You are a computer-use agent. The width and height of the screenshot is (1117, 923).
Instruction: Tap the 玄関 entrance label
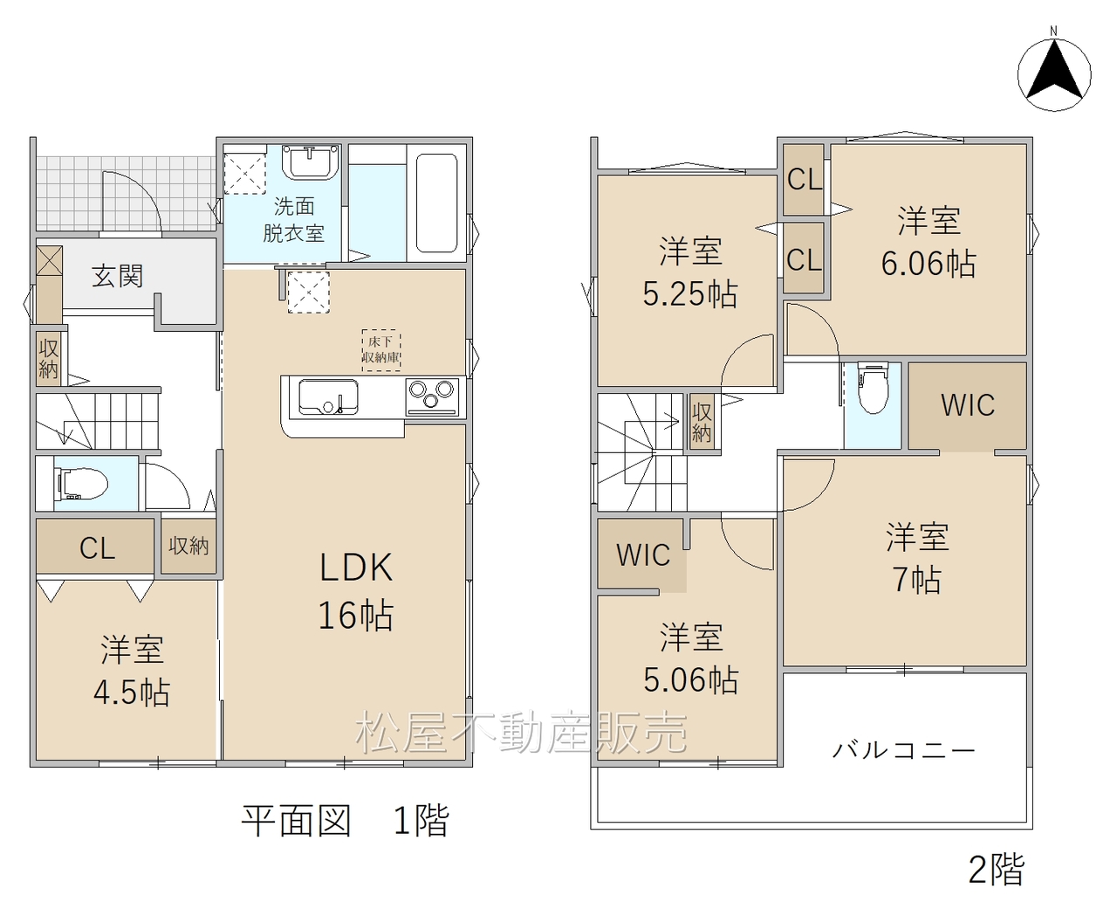coord(117,276)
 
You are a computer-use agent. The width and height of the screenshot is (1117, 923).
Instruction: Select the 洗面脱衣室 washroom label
coord(294,219)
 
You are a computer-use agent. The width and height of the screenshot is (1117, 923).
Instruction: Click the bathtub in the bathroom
coord(436,203)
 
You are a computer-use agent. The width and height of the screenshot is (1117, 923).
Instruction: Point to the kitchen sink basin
coord(328,396)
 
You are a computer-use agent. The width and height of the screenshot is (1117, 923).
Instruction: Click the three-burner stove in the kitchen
coord(432,396)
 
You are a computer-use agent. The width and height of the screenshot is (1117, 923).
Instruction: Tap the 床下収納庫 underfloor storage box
coord(381,350)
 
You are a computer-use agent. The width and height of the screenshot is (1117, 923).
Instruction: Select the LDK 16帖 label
coord(356,590)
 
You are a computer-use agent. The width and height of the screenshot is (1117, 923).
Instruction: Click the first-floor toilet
coord(80,484)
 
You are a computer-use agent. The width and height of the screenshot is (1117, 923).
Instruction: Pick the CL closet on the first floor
coord(95,548)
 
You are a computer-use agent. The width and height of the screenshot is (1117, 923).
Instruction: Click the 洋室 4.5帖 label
coord(132,672)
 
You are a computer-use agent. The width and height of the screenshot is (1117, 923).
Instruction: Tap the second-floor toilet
coord(873,388)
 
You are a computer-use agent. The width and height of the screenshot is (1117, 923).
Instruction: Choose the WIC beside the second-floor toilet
coord(967,406)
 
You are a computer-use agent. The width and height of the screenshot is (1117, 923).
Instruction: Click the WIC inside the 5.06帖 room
coord(642,555)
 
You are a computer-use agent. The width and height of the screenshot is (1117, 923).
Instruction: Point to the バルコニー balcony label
coord(904,750)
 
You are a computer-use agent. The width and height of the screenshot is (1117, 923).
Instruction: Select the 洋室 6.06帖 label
coord(929,242)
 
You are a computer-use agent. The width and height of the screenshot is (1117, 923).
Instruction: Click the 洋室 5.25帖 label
coord(690,272)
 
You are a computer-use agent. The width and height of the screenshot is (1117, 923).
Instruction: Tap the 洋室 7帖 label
coord(917,558)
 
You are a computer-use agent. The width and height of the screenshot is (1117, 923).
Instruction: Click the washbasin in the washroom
coord(311,161)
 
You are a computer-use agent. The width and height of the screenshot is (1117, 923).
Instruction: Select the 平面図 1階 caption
coord(345,820)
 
